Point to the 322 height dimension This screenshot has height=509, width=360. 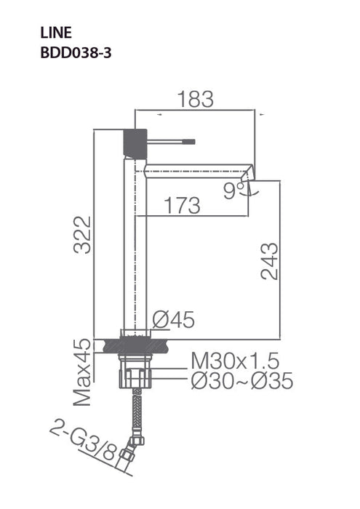click(x=85, y=234)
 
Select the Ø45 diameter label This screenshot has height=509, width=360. click(x=174, y=318)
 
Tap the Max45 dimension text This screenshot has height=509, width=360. click(x=85, y=372)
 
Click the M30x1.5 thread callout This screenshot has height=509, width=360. click(x=235, y=360)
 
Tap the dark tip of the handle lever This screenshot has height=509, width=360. click(x=191, y=139)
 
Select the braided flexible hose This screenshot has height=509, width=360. click(x=135, y=418)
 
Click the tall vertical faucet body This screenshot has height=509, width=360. click(x=135, y=240)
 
